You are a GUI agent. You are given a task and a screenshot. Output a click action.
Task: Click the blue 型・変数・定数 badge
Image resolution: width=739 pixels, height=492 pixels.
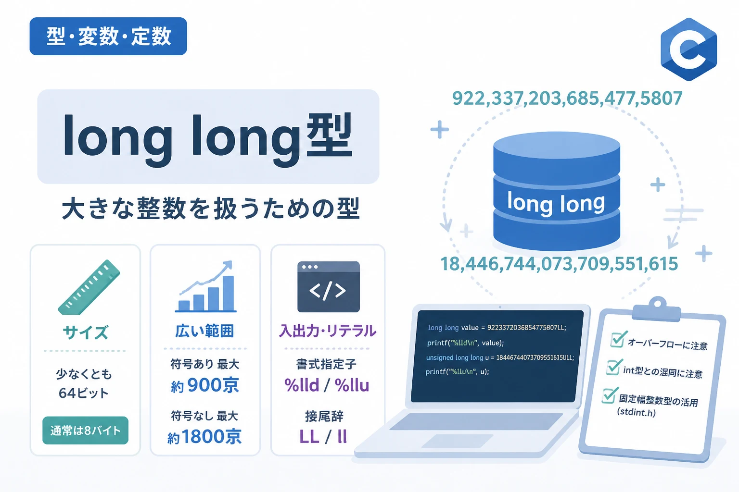coord(108,36)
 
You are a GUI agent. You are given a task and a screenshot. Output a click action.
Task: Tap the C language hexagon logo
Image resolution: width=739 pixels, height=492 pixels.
coord(689,49)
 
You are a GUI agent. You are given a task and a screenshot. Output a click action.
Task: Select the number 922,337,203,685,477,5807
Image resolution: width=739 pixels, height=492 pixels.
coord(567,98)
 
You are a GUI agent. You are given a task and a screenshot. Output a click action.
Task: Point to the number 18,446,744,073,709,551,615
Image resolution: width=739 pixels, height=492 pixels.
coord(559,264)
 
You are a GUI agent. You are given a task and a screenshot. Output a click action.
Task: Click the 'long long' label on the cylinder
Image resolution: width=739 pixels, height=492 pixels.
coord(556,203)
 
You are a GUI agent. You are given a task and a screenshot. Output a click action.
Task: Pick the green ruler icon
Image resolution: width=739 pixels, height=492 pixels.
coord(89,287)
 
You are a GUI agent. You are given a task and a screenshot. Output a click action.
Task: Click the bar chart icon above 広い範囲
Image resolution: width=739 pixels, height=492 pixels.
coord(206,286)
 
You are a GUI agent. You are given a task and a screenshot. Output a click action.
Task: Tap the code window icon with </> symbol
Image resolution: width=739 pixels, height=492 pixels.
coord(329,287)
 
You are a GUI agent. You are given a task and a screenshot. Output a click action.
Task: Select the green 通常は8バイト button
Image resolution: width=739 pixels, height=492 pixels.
coord(86,430)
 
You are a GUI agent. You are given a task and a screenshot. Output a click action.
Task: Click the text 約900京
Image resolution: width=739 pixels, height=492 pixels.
coord(205,385)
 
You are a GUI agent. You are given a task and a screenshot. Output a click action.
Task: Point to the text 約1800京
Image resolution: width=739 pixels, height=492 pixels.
coord(204,437)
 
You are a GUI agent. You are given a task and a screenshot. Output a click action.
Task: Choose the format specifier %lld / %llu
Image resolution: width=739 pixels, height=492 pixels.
coord(327,385)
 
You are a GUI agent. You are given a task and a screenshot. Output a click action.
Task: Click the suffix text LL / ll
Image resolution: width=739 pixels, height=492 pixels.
coord(323,437)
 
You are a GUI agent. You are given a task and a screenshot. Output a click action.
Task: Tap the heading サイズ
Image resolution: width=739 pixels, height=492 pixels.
coord(86,332)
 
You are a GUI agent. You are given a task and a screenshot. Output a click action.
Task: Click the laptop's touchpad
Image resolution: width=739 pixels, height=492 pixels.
coord(457,441)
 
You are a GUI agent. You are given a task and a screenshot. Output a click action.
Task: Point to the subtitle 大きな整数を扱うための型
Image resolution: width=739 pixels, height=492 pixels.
coord(211,209)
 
